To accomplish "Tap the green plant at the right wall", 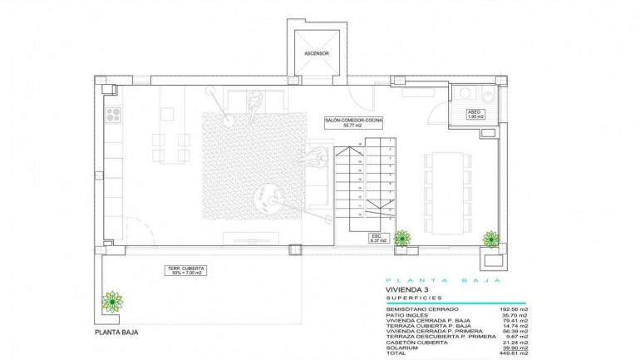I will [x=490, y=238].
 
